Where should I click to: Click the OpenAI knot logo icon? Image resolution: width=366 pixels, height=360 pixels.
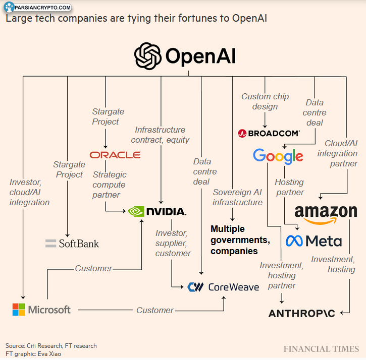148,56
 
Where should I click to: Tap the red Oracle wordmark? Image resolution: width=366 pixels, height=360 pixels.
115,155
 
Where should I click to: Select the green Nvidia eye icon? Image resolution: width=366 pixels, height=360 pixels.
136,211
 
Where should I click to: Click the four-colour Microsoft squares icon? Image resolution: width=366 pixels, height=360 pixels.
19,310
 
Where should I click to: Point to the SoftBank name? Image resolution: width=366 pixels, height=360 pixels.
79,244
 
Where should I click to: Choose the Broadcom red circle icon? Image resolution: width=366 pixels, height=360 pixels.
242,134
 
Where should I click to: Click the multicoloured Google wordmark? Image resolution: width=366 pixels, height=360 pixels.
278,156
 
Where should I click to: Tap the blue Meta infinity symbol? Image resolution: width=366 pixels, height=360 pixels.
294,241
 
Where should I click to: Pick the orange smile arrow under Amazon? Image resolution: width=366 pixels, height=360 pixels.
321,221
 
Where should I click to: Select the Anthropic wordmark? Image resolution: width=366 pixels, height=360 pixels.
302,314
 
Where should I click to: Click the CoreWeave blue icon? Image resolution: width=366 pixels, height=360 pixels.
195,287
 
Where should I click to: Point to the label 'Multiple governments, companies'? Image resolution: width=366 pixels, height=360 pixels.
240,240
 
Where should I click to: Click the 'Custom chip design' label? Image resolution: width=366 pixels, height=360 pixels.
265,101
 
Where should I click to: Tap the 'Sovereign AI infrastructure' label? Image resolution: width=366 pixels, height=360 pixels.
237,197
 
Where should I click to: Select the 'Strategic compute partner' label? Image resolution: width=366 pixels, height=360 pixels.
109,185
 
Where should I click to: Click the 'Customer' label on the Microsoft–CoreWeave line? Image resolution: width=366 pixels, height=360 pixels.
155,310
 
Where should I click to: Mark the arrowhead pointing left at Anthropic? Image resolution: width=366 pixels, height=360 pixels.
342,313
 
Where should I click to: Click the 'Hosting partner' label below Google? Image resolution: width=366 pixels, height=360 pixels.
289,187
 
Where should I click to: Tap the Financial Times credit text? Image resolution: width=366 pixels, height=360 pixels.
321,349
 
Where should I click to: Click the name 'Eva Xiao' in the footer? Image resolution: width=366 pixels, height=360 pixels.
49,354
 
